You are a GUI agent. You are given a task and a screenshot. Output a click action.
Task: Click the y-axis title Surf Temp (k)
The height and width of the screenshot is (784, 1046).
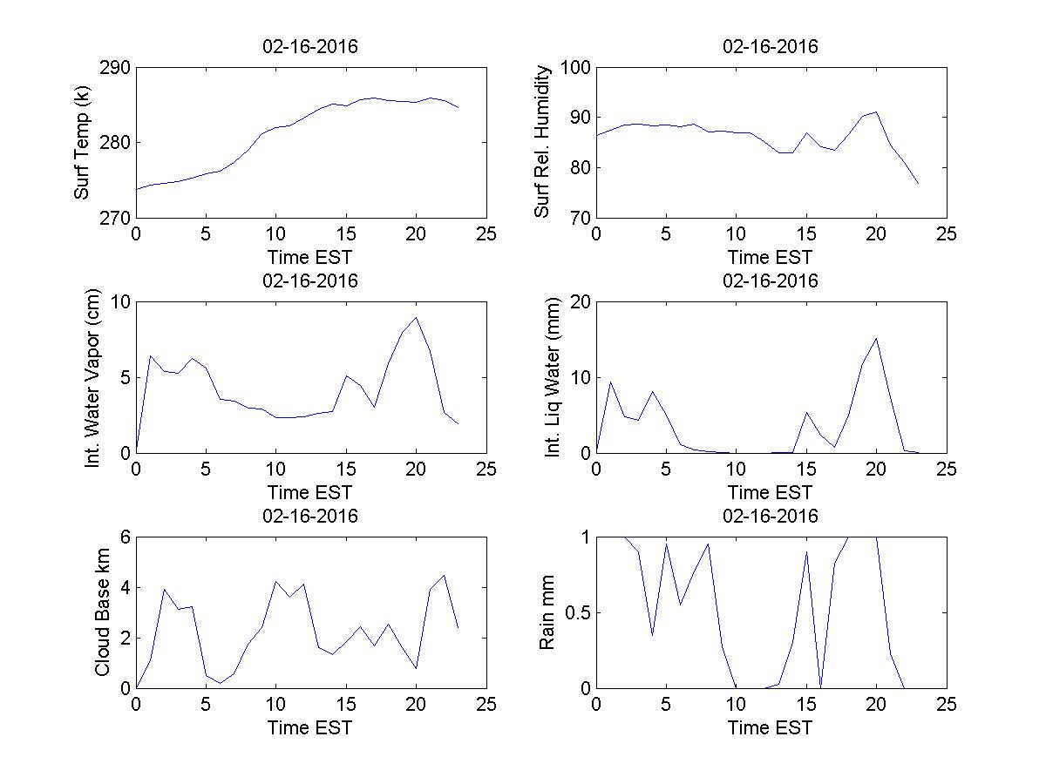click(83, 143)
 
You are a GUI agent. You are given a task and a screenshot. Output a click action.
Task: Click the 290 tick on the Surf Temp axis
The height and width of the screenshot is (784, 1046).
click(114, 68)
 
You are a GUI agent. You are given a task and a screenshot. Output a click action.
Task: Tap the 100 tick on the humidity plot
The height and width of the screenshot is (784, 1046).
click(576, 68)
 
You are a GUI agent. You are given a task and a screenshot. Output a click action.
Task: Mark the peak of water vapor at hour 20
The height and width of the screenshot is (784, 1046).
click(417, 317)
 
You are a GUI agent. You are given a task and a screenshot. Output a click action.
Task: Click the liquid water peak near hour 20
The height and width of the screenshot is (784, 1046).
click(876, 338)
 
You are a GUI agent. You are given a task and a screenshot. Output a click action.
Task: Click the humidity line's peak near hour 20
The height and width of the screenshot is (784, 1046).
click(876, 112)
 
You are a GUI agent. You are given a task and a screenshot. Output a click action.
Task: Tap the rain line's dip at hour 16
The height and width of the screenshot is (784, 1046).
click(820, 686)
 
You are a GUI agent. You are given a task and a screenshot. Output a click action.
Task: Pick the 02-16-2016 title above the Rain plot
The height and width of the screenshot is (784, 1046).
click(771, 516)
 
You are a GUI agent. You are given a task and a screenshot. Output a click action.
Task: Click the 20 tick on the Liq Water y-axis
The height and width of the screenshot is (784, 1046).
click(578, 302)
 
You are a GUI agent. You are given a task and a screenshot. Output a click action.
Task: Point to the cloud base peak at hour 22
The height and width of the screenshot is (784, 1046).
click(445, 575)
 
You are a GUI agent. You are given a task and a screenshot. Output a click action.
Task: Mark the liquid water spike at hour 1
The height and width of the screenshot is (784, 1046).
click(610, 381)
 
